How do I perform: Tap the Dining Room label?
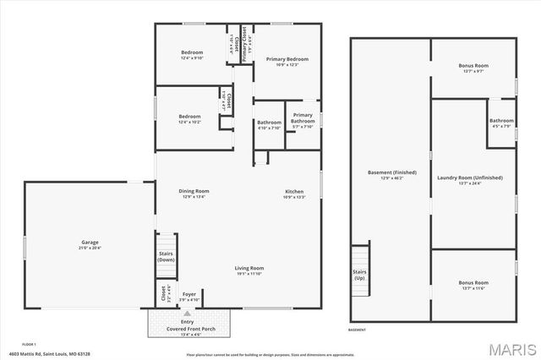[x=194, y=191]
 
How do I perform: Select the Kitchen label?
[x=293, y=191]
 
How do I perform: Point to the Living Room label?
[x=249, y=268]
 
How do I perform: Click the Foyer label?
[x=189, y=294]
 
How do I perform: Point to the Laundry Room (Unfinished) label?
[x=470, y=177]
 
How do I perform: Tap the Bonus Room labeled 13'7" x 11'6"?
[x=473, y=281]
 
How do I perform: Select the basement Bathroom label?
[x=501, y=121]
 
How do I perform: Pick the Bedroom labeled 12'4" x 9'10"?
[x=192, y=52]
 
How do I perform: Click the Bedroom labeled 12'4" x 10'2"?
[x=189, y=116]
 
